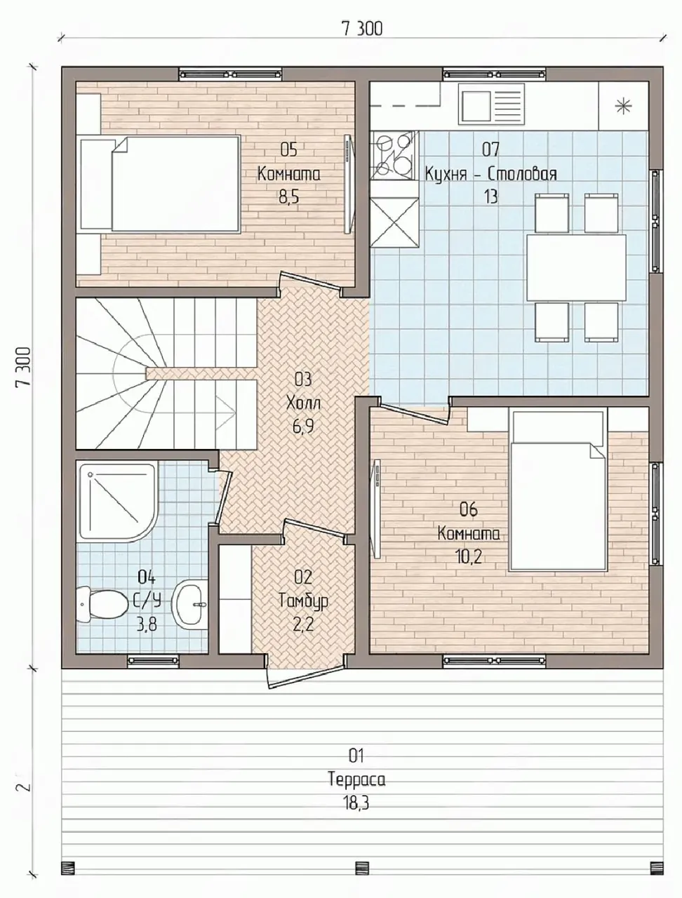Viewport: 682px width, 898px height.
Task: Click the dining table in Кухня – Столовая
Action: [576, 267]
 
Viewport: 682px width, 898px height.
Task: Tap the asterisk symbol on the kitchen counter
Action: [622, 107]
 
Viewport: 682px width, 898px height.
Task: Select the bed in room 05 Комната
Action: [160, 184]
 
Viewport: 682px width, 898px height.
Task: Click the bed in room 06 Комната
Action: [558, 490]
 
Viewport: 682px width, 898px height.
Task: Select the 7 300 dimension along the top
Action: [361, 29]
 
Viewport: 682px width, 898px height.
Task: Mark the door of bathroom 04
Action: [225, 497]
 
